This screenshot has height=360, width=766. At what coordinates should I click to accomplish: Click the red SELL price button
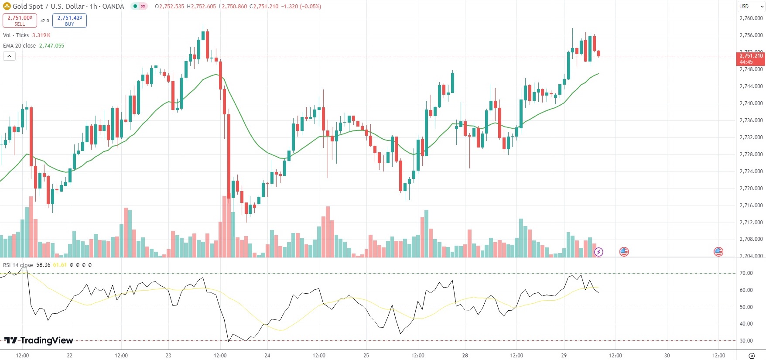(20, 21)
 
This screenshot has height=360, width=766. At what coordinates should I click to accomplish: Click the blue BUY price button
(69, 21)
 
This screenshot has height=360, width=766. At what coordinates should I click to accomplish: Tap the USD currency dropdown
(750, 7)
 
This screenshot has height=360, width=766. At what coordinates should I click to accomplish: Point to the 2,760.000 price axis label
(751, 18)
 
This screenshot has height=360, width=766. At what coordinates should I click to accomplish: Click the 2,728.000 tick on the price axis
(751, 154)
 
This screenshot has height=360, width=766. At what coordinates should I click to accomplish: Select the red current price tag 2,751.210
(751, 58)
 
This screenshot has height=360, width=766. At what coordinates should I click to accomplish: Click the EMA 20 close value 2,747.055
(51, 46)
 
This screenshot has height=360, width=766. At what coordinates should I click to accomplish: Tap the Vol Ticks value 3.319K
(41, 35)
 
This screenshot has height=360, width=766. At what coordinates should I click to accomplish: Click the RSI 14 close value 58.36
(43, 265)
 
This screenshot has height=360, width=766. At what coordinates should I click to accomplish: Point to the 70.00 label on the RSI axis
(746, 273)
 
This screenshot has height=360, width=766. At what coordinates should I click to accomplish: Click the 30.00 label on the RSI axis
(746, 341)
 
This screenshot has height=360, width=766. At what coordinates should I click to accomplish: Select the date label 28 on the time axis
(465, 356)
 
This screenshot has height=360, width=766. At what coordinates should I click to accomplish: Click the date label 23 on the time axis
(168, 356)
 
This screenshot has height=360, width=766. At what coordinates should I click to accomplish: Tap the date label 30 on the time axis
(667, 356)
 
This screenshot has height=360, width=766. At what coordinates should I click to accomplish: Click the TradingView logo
(39, 340)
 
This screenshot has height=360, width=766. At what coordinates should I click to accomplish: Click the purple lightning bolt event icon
(598, 252)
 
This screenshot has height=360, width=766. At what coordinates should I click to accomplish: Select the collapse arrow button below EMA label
(9, 56)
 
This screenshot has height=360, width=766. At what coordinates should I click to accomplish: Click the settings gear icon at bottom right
(751, 356)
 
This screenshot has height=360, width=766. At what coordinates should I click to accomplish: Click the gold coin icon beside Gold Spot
(7, 7)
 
